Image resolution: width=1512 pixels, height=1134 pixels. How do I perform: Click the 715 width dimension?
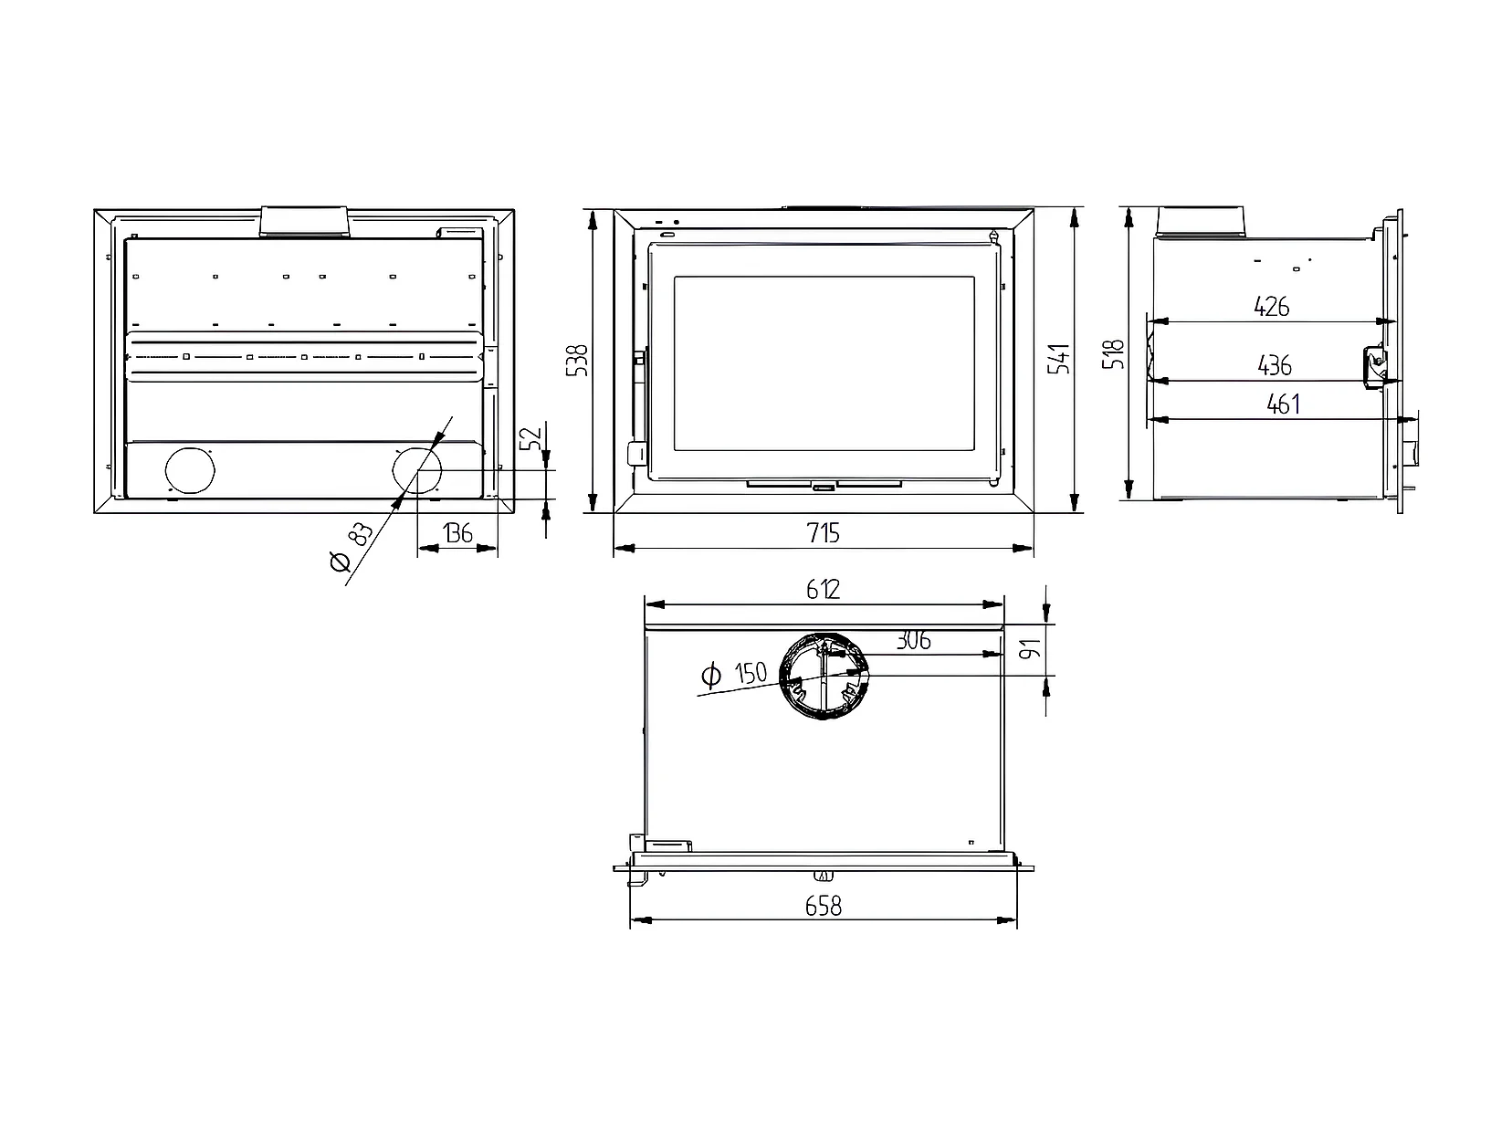coord(823,532)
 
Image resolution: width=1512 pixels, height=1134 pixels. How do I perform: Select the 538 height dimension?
coord(577,360)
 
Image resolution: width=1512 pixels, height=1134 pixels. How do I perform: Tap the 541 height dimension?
coord(1059,358)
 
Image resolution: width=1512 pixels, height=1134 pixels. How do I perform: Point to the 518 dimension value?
coord(1114,352)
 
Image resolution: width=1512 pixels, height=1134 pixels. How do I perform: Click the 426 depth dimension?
coord(1271,307)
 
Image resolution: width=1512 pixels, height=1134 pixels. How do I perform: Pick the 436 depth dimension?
coord(1274,366)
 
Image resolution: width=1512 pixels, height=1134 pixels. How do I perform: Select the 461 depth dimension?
coord(1283,404)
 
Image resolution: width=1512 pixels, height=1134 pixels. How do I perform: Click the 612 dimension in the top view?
coord(823,590)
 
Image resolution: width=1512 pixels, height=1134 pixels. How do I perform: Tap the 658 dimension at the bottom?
coord(823,906)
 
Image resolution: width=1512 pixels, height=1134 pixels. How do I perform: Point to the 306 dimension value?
coord(912,641)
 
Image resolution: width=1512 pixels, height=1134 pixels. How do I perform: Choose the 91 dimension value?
coord(1031,651)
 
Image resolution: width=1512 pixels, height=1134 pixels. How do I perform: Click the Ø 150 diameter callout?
coord(734,675)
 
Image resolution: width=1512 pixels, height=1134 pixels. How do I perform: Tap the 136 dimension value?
coord(457,532)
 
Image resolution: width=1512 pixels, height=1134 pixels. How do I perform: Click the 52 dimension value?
coord(532,439)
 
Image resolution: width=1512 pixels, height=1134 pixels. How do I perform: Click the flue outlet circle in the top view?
coord(823,675)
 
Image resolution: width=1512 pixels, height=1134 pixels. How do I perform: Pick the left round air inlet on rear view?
coord(189,471)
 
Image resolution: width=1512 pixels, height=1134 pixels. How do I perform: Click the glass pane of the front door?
coord(824,362)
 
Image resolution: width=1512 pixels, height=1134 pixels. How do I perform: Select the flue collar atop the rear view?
coord(304,221)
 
